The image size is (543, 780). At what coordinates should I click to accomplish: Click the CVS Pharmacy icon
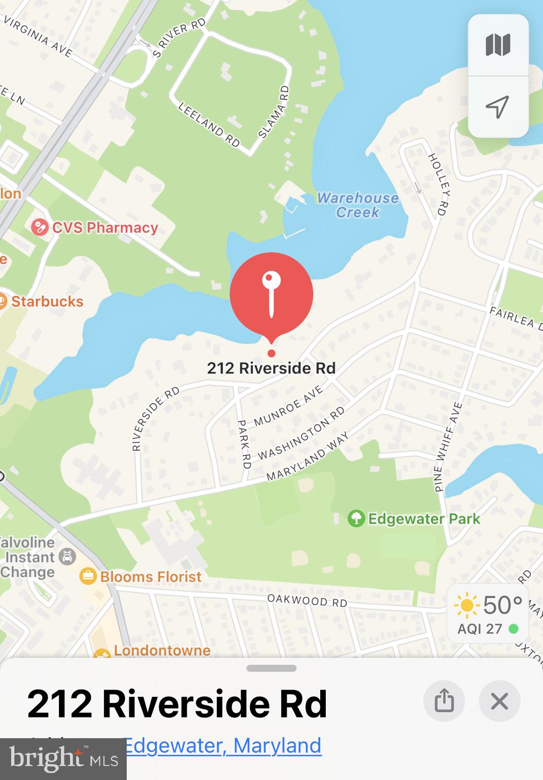pyautogui.click(x=40, y=227)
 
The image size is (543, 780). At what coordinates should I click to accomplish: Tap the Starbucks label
pyautogui.click(x=47, y=301)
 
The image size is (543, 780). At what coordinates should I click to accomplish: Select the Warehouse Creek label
pyautogui.click(x=358, y=205)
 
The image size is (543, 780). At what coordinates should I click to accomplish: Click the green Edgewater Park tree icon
pyautogui.click(x=356, y=518)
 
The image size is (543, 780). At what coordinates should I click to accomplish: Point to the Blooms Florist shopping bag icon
pyautogui.click(x=88, y=576)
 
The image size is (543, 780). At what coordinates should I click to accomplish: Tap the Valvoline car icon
pyautogui.click(x=67, y=557)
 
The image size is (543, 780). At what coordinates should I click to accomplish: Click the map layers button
pyautogui.click(x=498, y=45)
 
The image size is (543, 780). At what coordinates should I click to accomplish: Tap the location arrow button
pyautogui.click(x=498, y=107)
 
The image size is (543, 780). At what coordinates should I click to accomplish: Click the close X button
pyautogui.click(x=499, y=701)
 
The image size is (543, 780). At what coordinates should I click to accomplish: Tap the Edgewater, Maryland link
pyautogui.click(x=222, y=745)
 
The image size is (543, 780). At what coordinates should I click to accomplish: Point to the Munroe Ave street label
pyautogui.click(x=288, y=405)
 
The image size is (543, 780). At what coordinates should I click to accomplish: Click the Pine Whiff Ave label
pyautogui.click(x=448, y=447)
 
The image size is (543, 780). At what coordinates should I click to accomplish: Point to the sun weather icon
pyautogui.click(x=466, y=605)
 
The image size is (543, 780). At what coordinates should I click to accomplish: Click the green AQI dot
pyautogui.click(x=514, y=629)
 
